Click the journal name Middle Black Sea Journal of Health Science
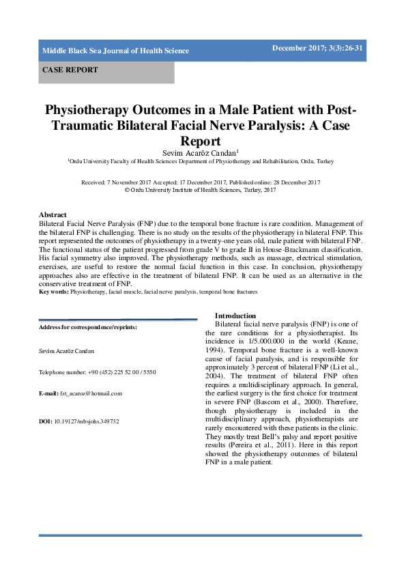pos(115,51)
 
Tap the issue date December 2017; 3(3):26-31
pos(317,47)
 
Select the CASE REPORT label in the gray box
pos(70,70)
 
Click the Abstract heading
pos(53,214)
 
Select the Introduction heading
pos(235,315)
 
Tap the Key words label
pos(53,292)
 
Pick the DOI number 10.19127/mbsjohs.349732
pos(86,421)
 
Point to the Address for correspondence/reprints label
pos(88,327)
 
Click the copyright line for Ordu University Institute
pos(201,191)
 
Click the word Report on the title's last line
pos(202,141)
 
